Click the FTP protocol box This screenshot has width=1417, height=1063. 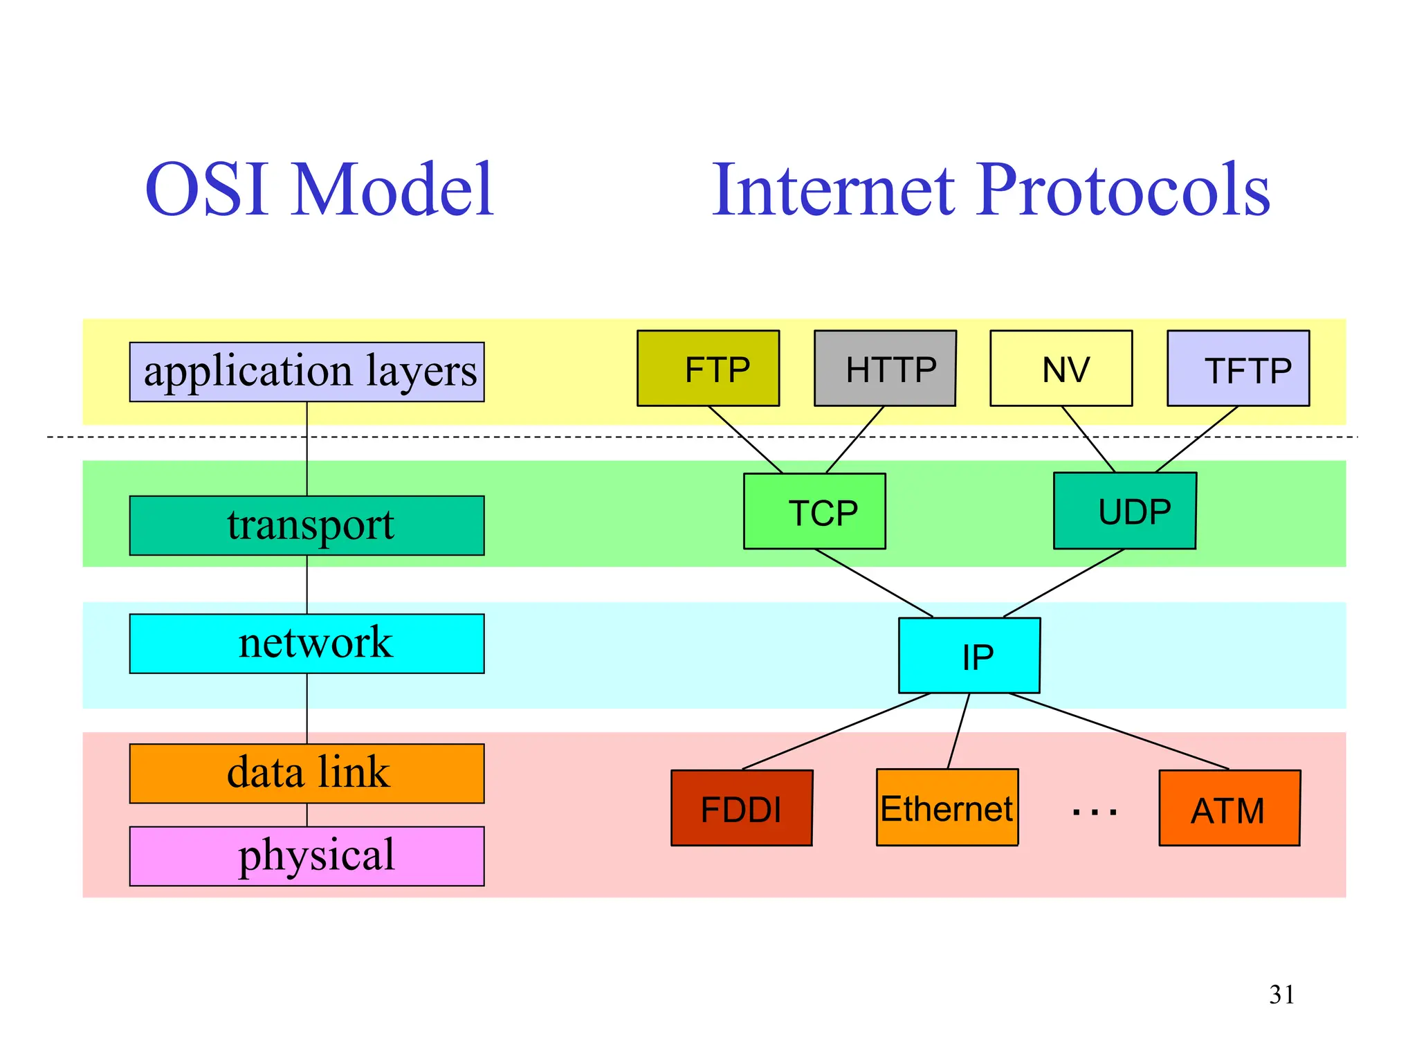pos(708,368)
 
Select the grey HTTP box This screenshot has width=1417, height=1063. pos(885,368)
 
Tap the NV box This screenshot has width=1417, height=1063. pos(1061,368)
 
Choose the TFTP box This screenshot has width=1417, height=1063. pos(1238,368)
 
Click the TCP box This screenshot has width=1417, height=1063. pos(814,511)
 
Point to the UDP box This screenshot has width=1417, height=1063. pos(1124,511)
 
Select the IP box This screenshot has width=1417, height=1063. pos(969,655)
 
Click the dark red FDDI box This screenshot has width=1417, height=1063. pos(741,808)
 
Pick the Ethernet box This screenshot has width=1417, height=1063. pos(947,807)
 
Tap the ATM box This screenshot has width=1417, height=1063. pos(1229,808)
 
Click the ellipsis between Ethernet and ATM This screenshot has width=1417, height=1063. pos(1094,812)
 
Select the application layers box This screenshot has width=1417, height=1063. pos(307,372)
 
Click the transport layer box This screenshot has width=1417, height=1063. pos(307,525)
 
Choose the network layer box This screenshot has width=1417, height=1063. pos(307,644)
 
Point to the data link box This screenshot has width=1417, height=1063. pos(307,773)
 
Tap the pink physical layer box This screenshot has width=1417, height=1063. pos(307,856)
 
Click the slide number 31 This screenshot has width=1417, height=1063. pos(1281,994)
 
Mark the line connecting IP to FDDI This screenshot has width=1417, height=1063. pos(836,731)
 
